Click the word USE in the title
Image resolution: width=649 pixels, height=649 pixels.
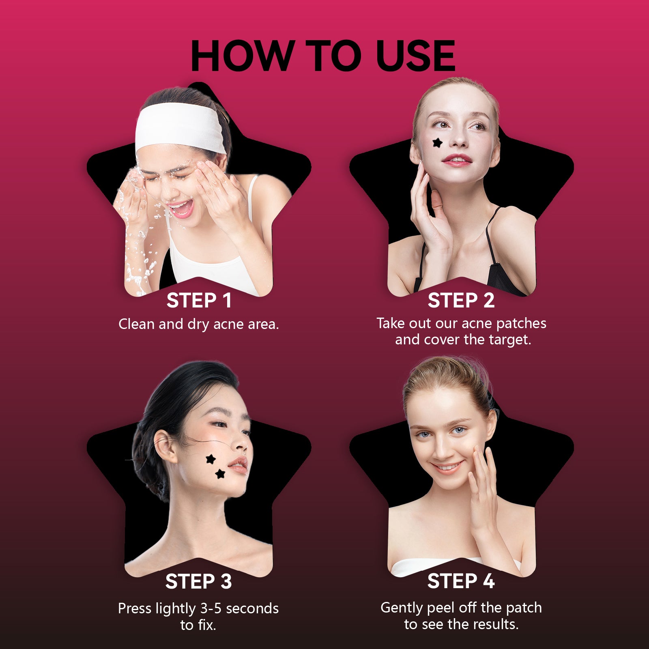click(x=416, y=56)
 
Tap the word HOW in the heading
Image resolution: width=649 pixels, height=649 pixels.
click(x=242, y=56)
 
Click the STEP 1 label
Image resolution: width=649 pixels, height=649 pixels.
click(x=199, y=301)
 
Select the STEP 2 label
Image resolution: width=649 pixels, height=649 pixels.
click(x=461, y=301)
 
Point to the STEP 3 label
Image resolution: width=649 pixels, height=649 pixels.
click(x=199, y=581)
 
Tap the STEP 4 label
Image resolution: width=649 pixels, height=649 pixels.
click(x=461, y=581)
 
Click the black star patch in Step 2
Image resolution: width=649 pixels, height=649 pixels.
click(x=437, y=143)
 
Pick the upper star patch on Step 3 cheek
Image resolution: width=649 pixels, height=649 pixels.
click(x=210, y=459)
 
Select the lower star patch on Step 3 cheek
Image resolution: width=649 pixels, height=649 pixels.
click(x=220, y=473)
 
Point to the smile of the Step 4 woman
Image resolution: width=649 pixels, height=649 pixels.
click(x=447, y=467)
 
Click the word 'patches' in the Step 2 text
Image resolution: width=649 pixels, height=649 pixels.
click(x=521, y=324)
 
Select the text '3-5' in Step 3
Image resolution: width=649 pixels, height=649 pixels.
click(x=211, y=608)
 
